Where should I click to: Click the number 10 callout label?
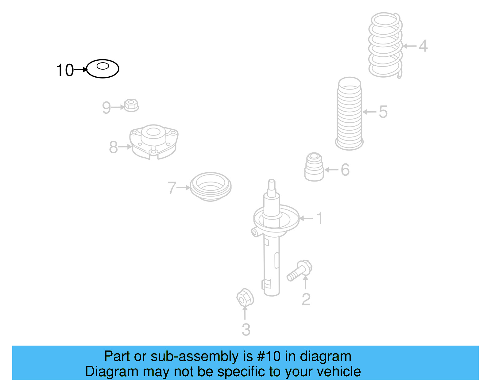[x=65, y=70]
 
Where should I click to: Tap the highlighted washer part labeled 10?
[x=102, y=69]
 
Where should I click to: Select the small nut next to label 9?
[x=132, y=105]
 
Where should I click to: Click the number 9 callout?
[x=106, y=108]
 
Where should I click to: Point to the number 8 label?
[x=113, y=147]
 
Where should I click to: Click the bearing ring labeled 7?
[x=211, y=186]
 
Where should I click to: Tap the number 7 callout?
[x=172, y=188]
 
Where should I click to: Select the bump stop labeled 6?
[x=314, y=167]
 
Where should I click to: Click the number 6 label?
[x=345, y=170]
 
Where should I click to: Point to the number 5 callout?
[x=383, y=112]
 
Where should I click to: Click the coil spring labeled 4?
[x=385, y=45]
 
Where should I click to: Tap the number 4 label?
[x=423, y=46]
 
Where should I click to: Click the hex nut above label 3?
[x=245, y=297]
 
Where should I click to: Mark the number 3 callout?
[x=246, y=330]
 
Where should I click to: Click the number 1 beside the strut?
[x=319, y=218]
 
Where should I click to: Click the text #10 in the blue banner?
[x=269, y=356]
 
